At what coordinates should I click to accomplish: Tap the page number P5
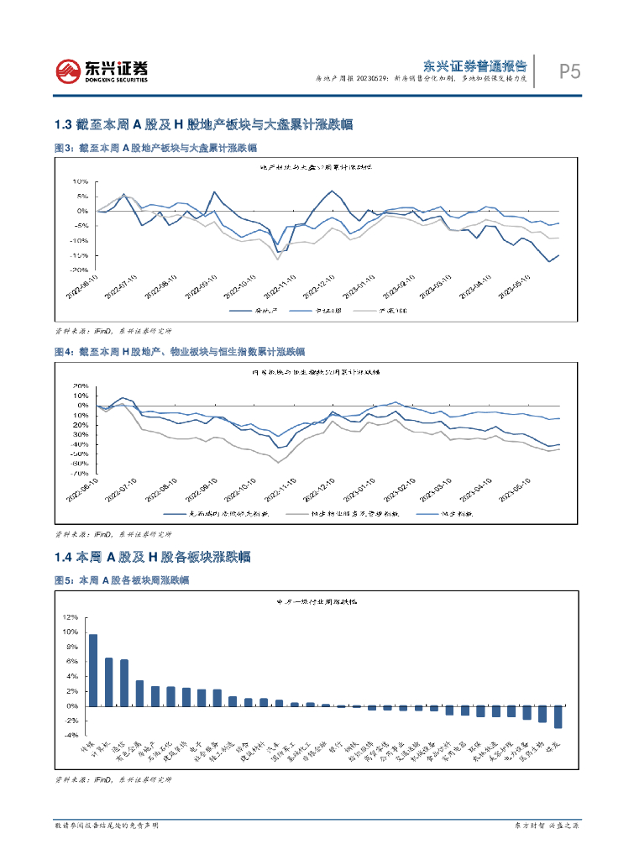pos(570,72)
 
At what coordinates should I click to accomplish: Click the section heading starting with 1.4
pos(163,557)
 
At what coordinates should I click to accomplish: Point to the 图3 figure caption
pos(155,148)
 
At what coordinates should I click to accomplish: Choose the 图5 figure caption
pos(121,580)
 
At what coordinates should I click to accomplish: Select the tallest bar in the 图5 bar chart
pos(93,670)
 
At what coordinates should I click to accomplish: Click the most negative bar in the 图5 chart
pos(558,716)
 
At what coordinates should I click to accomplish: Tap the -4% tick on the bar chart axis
pos(69,736)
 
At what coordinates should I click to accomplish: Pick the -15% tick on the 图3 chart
pos(80,254)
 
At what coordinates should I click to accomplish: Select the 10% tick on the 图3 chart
pos(81,181)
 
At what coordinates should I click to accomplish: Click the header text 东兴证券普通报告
pos(474,65)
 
